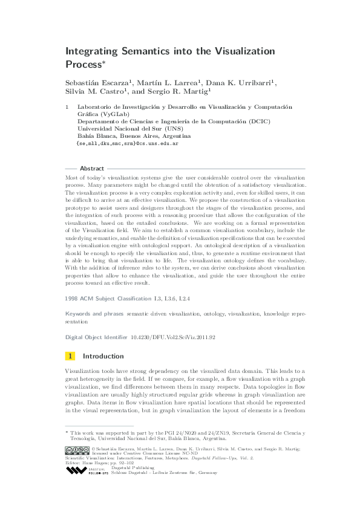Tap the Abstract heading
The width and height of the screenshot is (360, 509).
click(92, 168)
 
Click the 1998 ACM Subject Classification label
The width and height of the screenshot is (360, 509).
click(108, 299)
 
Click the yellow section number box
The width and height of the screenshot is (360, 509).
click(71, 356)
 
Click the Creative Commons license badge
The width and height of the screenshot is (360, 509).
click(77, 450)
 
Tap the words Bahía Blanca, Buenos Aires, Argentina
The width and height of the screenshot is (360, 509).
click(125, 137)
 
